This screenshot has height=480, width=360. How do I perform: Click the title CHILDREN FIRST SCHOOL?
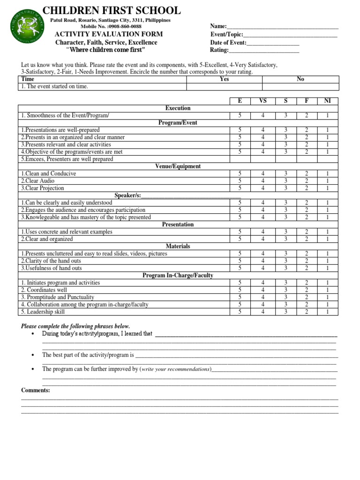(x=111, y=10)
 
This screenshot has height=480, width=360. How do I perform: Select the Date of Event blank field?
(x=273, y=43)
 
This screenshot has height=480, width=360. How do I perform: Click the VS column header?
(x=262, y=101)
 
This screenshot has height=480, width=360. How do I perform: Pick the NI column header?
(x=327, y=101)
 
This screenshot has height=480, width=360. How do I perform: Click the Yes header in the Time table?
(x=224, y=79)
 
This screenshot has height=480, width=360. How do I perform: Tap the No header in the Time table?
(x=300, y=79)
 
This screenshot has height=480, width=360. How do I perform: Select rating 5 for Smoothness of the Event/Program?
(x=240, y=115)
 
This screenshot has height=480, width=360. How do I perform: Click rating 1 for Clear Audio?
(x=327, y=181)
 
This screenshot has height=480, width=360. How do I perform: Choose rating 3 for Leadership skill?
(x=285, y=312)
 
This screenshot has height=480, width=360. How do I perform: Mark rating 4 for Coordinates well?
(x=262, y=290)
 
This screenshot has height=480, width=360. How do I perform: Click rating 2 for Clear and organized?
(x=307, y=239)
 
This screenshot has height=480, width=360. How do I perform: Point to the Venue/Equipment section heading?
(x=178, y=166)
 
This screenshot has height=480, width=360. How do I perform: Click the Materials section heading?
(x=178, y=246)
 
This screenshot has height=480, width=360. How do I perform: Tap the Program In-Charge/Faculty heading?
(x=178, y=275)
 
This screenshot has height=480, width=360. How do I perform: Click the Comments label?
(x=36, y=390)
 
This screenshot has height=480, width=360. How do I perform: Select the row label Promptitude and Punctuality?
(x=57, y=297)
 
